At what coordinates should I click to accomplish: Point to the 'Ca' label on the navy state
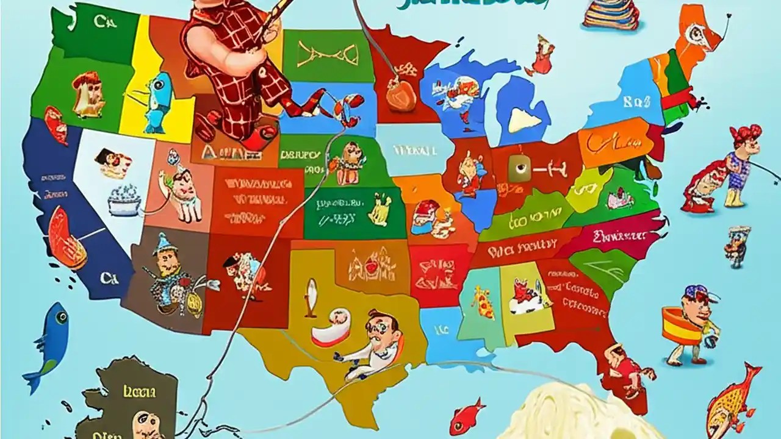(109, 279)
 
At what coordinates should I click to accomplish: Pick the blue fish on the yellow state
(156, 102)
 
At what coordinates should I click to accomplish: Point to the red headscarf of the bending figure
(746, 133)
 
